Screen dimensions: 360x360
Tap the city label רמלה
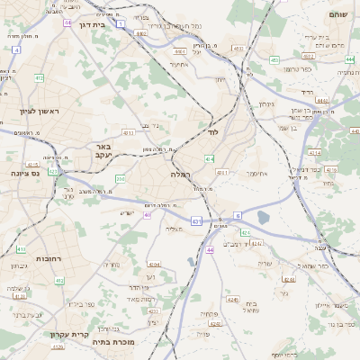pyautogui.click(x=180, y=173)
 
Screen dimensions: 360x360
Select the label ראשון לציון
pyautogui.click(x=39, y=112)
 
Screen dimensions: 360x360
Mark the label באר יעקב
pyautogui.click(x=103, y=149)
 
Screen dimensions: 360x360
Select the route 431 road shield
pyautogui.click(x=196, y=220)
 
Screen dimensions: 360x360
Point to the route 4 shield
pyautogui.click(x=16, y=49)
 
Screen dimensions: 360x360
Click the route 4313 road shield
pyautogui.click(x=32, y=165)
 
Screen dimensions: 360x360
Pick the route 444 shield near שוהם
pyautogui.click(x=348, y=59)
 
